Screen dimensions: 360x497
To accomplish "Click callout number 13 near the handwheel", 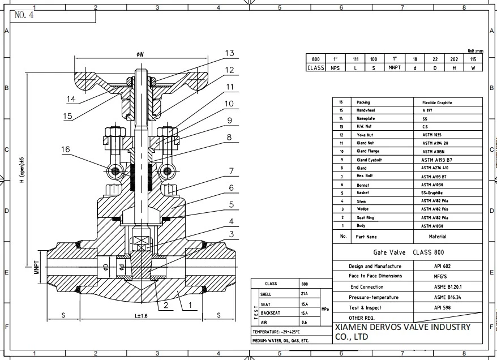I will pos(229,53).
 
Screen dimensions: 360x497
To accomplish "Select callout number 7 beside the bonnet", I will pos(231,171).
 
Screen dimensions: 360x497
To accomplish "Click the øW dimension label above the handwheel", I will pos(139,54).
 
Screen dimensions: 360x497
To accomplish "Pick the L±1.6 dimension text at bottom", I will pos(140,315).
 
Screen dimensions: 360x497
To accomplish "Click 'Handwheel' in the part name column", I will pos(366,110).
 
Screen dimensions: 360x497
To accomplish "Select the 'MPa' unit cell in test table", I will pos(324,309).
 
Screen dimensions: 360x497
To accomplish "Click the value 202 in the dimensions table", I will pos(454,59).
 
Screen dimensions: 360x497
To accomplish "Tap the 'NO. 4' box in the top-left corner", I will pos(25,15).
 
